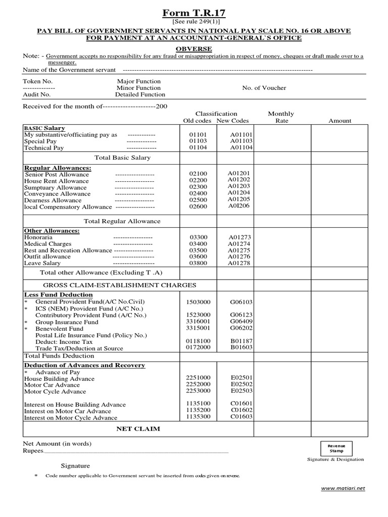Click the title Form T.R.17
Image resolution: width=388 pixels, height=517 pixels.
tap(194, 13)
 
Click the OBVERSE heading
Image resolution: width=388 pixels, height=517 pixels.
tap(193, 48)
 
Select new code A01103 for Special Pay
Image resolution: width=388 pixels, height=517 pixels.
tap(241, 141)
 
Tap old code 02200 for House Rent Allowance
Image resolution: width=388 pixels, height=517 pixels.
tap(198, 180)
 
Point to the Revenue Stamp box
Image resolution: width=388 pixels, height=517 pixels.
tap(336, 448)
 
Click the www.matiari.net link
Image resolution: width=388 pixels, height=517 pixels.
tap(343, 488)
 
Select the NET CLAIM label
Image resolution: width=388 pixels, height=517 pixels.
tap(138, 429)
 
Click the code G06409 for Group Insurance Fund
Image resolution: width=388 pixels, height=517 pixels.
tap(241, 322)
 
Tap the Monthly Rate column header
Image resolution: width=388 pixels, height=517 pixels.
tap(281, 117)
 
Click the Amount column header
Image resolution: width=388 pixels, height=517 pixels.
tap(339, 121)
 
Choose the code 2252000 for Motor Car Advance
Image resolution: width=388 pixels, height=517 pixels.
tap(198, 384)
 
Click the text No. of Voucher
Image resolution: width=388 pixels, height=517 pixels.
tap(264, 88)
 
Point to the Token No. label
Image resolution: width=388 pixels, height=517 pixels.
tap(37, 81)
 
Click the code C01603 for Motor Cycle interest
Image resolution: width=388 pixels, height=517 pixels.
tap(241, 417)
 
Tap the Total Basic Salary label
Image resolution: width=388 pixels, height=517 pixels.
tap(122, 158)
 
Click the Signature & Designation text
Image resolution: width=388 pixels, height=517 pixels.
tap(335, 459)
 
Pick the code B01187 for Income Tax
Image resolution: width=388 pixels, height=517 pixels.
tap(241, 341)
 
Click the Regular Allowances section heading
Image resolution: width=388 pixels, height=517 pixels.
tap(58, 167)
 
